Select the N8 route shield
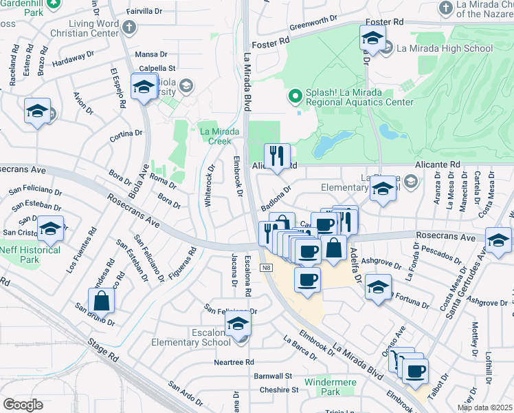point(266,268)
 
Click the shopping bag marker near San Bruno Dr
point(101,301)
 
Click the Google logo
point(23,404)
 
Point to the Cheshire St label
point(279,390)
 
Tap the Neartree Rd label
point(234,362)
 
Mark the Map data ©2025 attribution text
point(484,407)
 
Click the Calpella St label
point(158,68)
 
